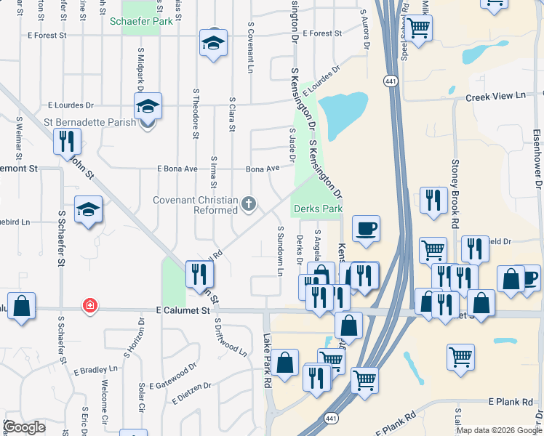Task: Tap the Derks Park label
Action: point(318,209)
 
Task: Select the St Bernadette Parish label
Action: point(89,122)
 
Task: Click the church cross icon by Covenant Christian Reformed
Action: point(249,203)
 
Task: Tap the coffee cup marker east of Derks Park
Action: point(366,228)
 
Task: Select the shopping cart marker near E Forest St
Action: point(418,28)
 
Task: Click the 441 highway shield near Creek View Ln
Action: point(392,81)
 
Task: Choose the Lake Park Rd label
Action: point(267,360)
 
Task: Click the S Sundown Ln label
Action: point(279,251)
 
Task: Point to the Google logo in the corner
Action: point(24,427)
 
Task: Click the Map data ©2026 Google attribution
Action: point(498,430)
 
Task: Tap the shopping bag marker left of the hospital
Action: point(22,306)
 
